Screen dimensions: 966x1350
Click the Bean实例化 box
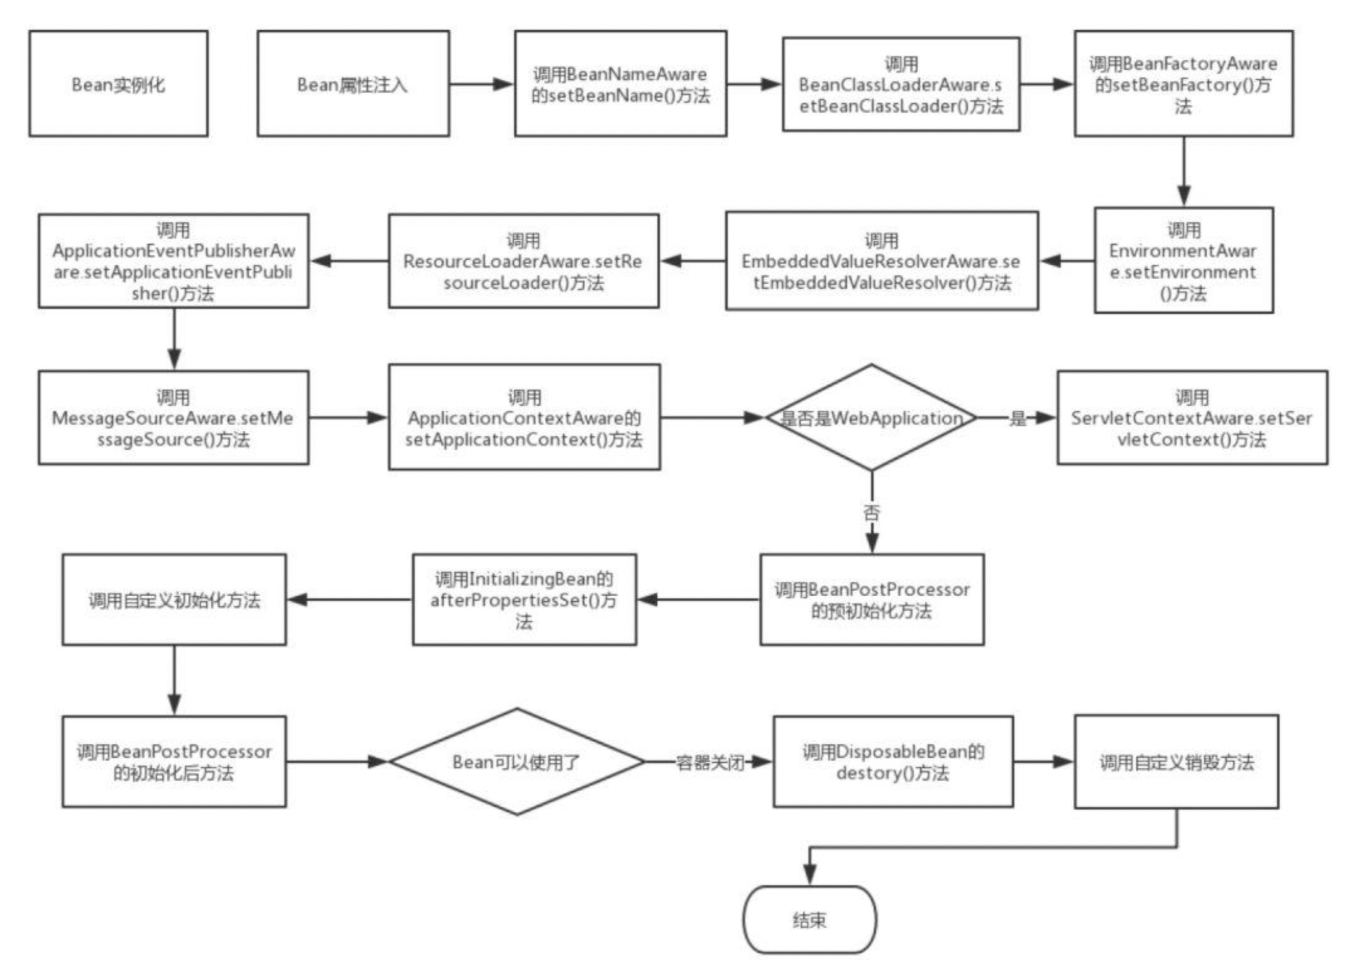(x=118, y=84)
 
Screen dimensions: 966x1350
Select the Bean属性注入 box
(x=353, y=84)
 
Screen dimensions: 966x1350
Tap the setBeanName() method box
(x=620, y=84)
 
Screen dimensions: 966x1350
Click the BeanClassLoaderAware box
(x=901, y=84)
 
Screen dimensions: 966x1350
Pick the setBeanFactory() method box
(x=1183, y=84)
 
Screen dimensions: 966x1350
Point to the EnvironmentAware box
(x=1183, y=260)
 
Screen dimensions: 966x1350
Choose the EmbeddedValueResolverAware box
(x=881, y=261)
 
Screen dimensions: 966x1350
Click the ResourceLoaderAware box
(x=523, y=261)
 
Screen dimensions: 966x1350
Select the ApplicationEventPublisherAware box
(x=173, y=261)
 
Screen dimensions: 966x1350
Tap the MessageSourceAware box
(x=173, y=418)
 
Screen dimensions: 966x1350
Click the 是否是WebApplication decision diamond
(x=871, y=418)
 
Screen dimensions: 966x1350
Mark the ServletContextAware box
(x=1192, y=418)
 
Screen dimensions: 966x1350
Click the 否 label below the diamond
(x=872, y=513)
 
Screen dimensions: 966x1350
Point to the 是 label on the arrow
(x=1018, y=418)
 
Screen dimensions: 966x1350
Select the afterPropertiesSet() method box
(x=524, y=599)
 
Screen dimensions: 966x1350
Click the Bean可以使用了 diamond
(x=517, y=762)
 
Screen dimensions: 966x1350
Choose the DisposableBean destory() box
(x=892, y=762)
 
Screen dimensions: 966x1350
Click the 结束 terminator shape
(x=809, y=920)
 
